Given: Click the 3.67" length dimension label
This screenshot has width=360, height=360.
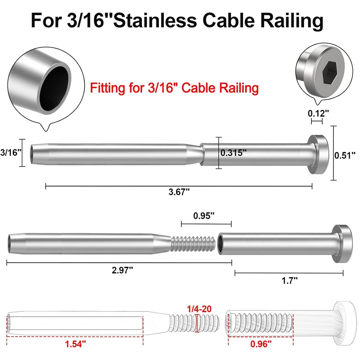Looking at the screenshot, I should (x=179, y=192).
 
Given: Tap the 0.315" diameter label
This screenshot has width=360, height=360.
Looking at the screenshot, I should (x=233, y=153).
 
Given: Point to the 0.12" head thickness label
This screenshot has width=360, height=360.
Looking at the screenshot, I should (x=318, y=113).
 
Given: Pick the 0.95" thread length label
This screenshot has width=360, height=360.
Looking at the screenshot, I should (x=204, y=216).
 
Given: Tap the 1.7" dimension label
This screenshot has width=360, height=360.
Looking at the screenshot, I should (x=290, y=280).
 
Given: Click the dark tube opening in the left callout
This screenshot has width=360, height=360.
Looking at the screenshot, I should (x=54, y=84).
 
